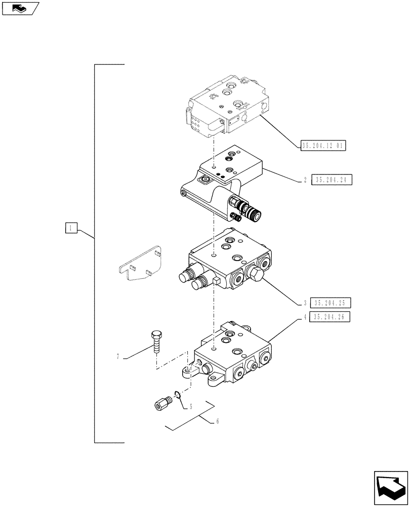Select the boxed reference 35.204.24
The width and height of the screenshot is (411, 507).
pyautogui.click(x=332, y=179)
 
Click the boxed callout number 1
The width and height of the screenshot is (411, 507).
pyautogui.click(x=71, y=228)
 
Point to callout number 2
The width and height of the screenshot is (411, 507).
pyautogui.click(x=305, y=180)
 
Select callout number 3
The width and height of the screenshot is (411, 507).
pyautogui.click(x=305, y=303)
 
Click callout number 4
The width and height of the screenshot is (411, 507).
pyautogui.click(x=305, y=317)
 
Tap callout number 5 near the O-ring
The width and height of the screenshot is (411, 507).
pyautogui.click(x=191, y=406)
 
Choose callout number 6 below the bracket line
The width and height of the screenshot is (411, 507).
pyautogui.click(x=217, y=421)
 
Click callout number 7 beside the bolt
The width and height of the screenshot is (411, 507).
pyautogui.click(x=117, y=357)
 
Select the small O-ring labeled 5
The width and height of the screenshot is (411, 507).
pyautogui.click(x=177, y=395)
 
